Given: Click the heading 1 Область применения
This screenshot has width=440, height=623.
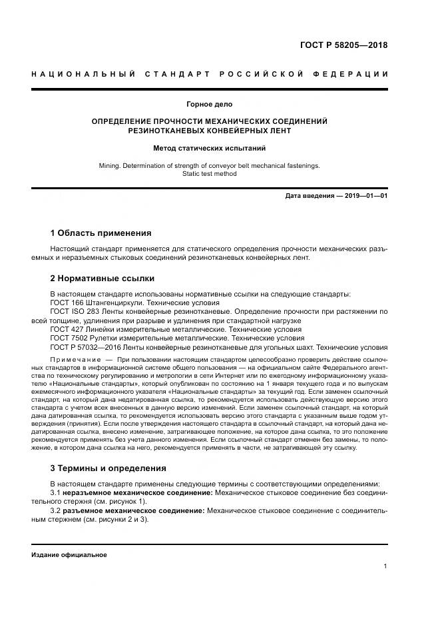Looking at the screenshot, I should pyautogui.click(x=101, y=233).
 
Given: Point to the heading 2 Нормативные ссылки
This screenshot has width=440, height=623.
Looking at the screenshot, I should pyautogui.click(x=103, y=278).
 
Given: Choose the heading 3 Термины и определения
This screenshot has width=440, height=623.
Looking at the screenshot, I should pyautogui.click(x=109, y=468).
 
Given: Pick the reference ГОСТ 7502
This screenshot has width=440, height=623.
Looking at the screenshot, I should pyautogui.click(x=69, y=338).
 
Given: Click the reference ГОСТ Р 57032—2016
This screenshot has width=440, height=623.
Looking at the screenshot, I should pyautogui.click(x=87, y=347).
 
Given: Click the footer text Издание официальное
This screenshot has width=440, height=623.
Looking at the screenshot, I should pyautogui.click(x=69, y=554).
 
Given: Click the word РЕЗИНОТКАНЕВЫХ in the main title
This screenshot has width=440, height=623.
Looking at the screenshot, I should pyautogui.click(x=165, y=131).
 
